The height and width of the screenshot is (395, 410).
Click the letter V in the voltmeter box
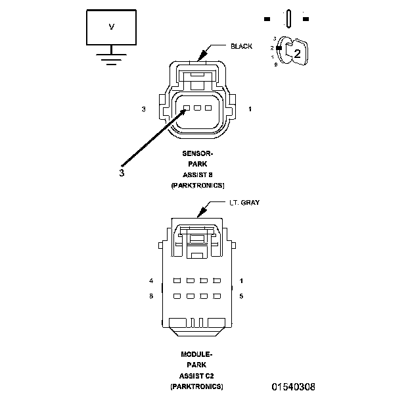point(111,27)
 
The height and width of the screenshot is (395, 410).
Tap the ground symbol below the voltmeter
point(111,59)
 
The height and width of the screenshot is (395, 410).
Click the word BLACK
point(240,47)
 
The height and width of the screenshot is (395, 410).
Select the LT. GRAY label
point(244,203)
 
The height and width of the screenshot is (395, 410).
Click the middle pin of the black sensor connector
point(198,108)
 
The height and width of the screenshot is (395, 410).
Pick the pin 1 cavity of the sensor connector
point(209,108)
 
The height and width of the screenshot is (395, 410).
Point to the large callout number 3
point(122,174)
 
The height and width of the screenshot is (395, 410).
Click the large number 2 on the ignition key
point(297,55)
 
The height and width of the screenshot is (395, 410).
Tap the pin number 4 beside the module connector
point(152,280)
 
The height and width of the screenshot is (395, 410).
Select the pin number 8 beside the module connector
point(152,297)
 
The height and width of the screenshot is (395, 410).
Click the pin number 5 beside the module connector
point(242,297)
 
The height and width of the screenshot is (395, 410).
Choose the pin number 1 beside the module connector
point(242,280)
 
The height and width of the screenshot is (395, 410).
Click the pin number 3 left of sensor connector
point(143,109)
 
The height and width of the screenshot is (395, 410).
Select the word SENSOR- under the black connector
point(198,153)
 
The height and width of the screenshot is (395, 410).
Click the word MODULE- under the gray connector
point(196,354)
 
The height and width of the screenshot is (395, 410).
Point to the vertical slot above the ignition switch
point(288,18)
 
